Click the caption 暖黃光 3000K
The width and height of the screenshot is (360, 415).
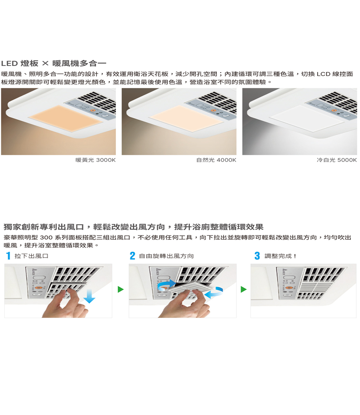tap(96, 160)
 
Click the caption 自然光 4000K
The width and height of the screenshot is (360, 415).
tap(216, 160)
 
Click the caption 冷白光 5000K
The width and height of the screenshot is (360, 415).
tap(337, 160)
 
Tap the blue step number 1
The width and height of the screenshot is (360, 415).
tap(8, 256)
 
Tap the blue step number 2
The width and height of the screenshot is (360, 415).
tap(133, 256)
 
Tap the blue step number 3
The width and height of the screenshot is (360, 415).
tap(257, 256)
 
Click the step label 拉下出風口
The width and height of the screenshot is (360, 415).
tap(31, 256)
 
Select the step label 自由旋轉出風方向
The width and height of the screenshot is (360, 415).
tap(166, 256)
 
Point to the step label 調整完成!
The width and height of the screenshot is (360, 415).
tap(280, 256)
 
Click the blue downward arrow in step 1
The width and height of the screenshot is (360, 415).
tap(89, 296)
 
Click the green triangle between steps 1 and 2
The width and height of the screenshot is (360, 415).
tap(120, 289)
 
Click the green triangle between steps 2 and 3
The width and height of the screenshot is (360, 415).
tap(243, 289)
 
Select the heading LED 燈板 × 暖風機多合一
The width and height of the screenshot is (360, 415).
tap(54, 63)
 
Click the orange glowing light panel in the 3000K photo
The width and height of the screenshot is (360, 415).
tap(65, 119)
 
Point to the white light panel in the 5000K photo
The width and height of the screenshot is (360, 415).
tap(307, 119)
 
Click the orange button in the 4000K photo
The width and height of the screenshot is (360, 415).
tap(214, 110)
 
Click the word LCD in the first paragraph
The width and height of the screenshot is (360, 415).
tap(324, 74)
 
